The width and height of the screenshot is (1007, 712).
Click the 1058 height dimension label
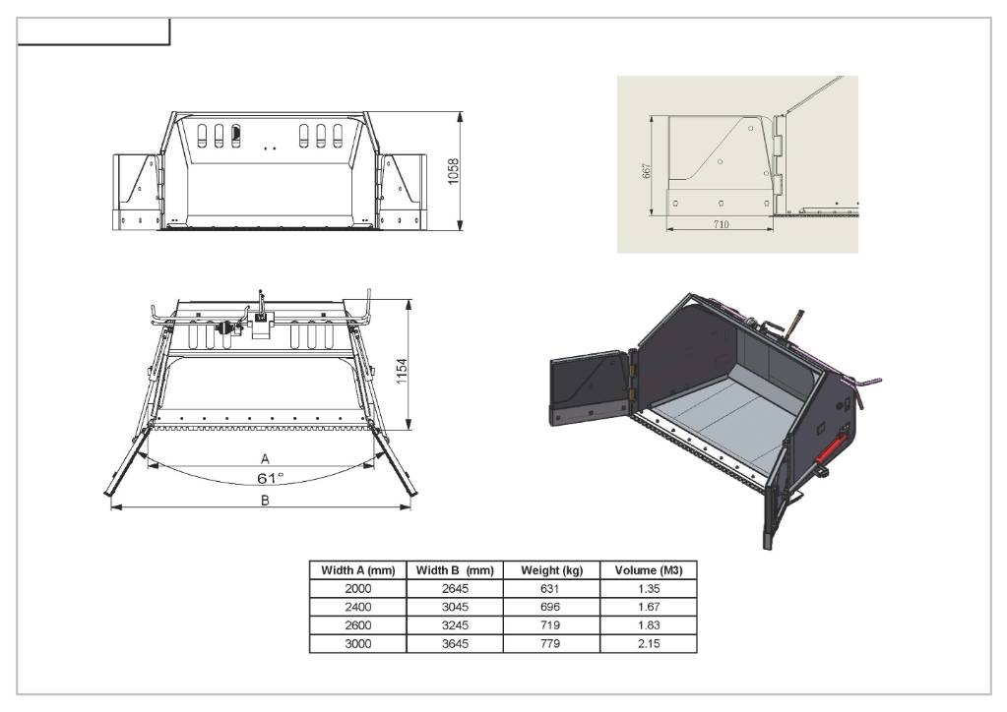pyautogui.click(x=454, y=171)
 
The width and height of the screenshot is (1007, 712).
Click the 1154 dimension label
pyautogui.click(x=402, y=372)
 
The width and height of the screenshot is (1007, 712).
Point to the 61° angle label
pyautogui.click(x=270, y=478)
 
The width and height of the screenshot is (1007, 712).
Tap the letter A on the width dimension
pyautogui.click(x=265, y=458)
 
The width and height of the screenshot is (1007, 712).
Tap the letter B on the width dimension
pyautogui.click(x=265, y=501)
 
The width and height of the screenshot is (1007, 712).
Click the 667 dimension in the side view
pyautogui.click(x=647, y=170)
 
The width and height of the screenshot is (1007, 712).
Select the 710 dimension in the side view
pyautogui.click(x=721, y=224)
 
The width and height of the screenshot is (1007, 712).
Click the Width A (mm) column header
pyautogui.click(x=357, y=570)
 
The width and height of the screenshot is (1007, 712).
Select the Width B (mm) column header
pyautogui.click(x=455, y=570)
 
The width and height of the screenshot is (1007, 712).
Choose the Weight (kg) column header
pyautogui.click(x=551, y=570)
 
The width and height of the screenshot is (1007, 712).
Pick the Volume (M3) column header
pyautogui.click(x=649, y=570)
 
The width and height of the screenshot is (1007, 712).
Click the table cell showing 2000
pyautogui.click(x=357, y=589)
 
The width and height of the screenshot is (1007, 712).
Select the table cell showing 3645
pyautogui.click(x=455, y=643)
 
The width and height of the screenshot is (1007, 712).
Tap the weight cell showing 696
pyautogui.click(x=550, y=607)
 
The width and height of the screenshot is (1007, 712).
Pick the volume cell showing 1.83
pyautogui.click(x=649, y=625)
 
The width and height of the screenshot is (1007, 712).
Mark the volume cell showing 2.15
pyautogui.click(x=649, y=643)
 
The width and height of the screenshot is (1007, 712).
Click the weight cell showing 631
pyautogui.click(x=550, y=589)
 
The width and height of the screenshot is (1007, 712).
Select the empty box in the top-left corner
pyautogui.click(x=94, y=32)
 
